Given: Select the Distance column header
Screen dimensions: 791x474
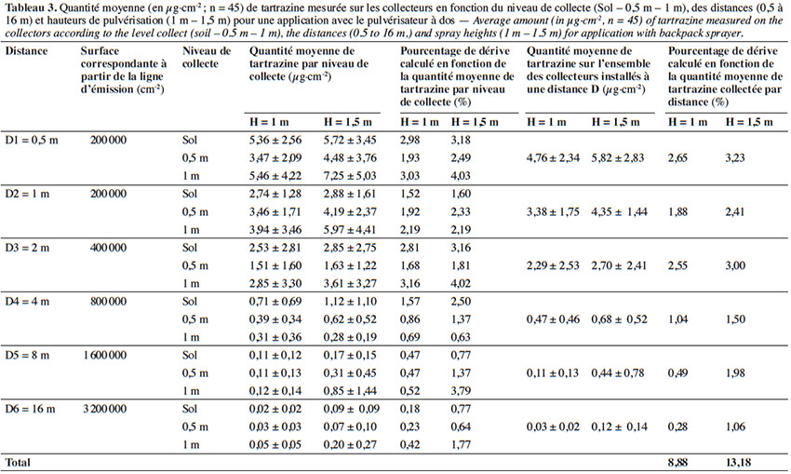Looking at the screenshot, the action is (x=26, y=51).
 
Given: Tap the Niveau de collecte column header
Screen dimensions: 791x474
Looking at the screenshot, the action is (x=207, y=57).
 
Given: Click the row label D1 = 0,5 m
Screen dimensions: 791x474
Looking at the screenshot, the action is (x=32, y=140).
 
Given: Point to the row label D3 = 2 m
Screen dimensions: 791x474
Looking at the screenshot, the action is (x=27, y=248).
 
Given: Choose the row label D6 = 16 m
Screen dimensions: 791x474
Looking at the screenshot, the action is (x=30, y=409).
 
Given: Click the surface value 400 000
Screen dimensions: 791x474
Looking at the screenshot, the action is (x=108, y=248).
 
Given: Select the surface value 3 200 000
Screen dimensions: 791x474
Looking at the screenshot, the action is (x=104, y=409).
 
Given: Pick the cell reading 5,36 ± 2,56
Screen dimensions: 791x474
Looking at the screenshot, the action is (x=275, y=140).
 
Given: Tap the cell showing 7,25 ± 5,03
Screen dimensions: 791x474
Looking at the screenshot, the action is (x=350, y=176).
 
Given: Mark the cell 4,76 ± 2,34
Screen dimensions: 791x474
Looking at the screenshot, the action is (x=553, y=157).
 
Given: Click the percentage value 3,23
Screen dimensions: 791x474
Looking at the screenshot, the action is (x=735, y=157).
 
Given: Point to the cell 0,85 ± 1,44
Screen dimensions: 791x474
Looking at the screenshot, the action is (x=350, y=391).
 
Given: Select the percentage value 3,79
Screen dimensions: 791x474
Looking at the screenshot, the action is (x=461, y=391).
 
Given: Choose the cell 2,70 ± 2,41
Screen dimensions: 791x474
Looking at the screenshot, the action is (x=619, y=265).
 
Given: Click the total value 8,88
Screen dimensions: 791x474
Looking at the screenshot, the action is (x=677, y=463).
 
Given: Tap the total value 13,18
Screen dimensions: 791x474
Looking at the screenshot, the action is (x=738, y=463).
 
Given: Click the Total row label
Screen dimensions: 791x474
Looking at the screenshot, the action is (x=18, y=463).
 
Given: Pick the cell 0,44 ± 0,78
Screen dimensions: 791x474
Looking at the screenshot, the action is (x=618, y=372).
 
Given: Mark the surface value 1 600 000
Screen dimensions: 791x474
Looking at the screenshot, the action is (x=104, y=355).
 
